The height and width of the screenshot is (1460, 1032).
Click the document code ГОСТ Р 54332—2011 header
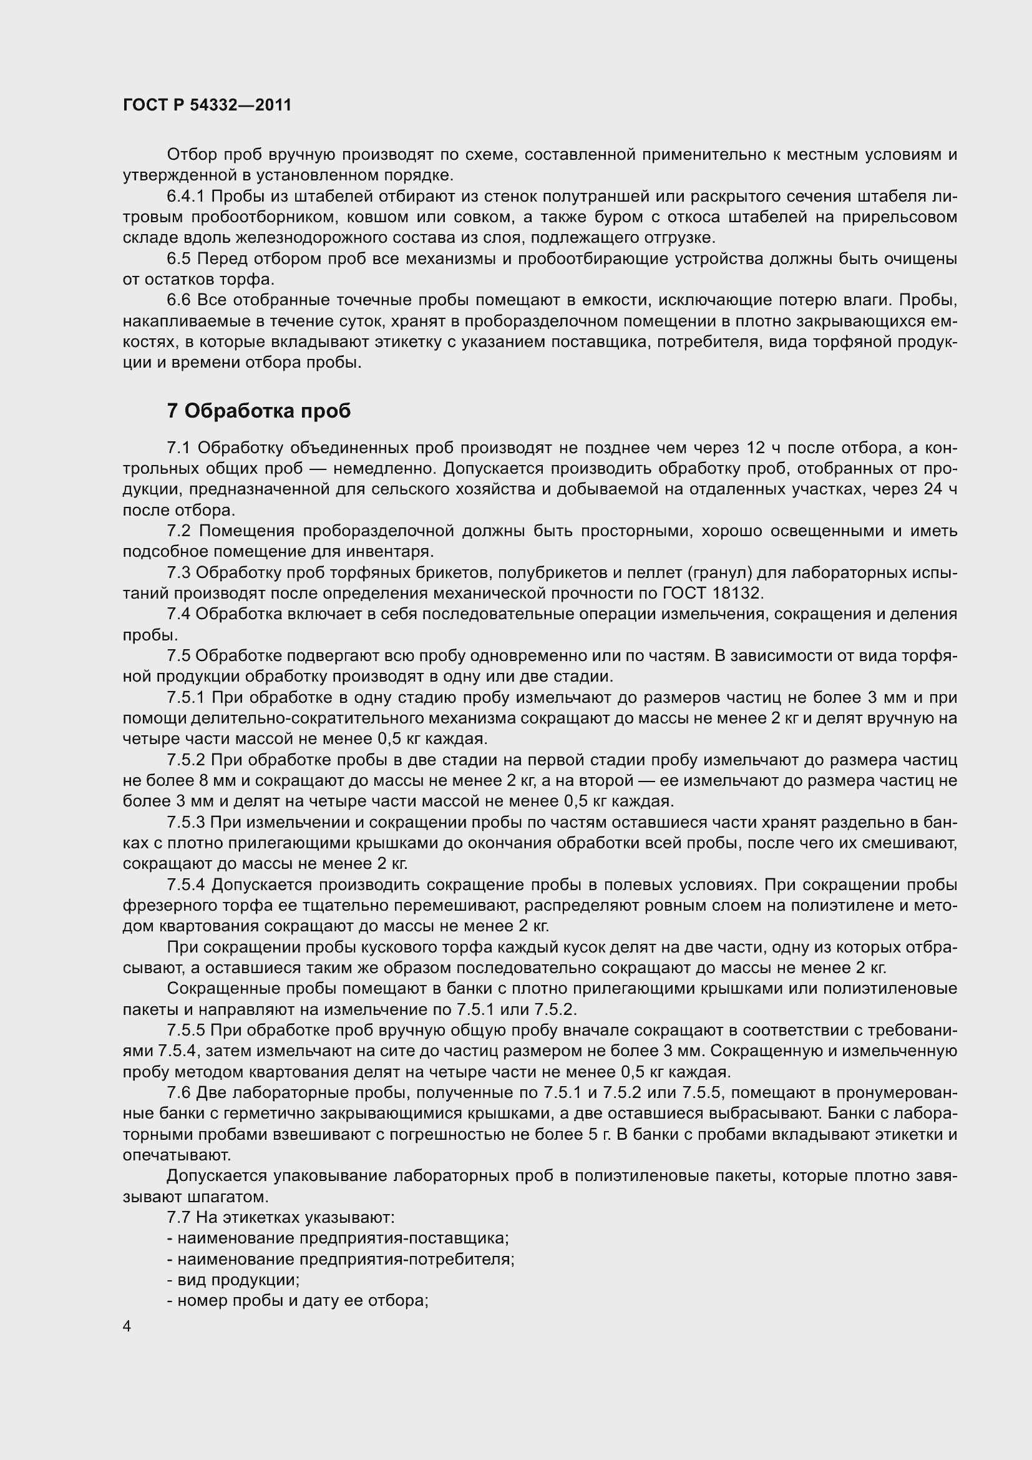207,105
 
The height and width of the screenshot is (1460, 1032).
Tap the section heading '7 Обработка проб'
259,411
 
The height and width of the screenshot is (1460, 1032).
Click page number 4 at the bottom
127,1326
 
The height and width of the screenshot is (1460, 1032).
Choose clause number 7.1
178,448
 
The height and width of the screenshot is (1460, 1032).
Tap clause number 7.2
178,531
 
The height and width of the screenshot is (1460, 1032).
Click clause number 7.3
178,573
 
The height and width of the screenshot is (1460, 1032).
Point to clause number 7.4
178,614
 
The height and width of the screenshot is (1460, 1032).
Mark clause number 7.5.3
185,822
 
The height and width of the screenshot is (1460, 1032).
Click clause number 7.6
178,1093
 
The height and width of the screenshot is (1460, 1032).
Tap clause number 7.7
178,1218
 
